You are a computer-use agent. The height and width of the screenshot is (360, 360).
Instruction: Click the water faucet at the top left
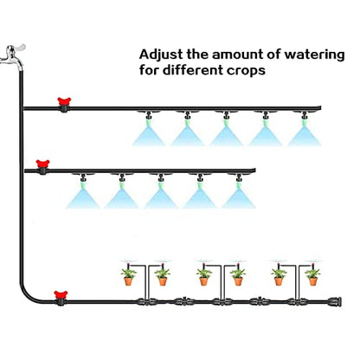point(13,56)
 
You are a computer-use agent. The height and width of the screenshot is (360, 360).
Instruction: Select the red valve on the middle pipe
point(42,167)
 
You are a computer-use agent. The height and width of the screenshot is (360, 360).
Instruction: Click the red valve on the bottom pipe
point(61,298)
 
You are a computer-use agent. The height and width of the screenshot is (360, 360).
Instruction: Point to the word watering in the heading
point(314,55)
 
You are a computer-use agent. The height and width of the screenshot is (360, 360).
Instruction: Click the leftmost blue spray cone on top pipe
point(149,136)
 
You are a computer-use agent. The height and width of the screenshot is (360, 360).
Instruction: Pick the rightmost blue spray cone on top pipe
point(305,136)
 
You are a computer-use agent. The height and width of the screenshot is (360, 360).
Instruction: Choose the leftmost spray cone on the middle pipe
point(83,198)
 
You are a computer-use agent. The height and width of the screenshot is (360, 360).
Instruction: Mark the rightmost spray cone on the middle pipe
point(239,198)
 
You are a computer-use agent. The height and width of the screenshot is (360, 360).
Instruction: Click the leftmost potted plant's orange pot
point(128,281)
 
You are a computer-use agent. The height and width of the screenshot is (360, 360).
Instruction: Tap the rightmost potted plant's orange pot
point(313,281)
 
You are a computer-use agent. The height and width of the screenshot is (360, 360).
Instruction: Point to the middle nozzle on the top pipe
point(227,116)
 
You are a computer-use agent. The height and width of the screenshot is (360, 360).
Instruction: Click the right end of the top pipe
point(321,108)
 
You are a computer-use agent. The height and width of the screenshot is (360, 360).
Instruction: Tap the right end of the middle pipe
point(255,170)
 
